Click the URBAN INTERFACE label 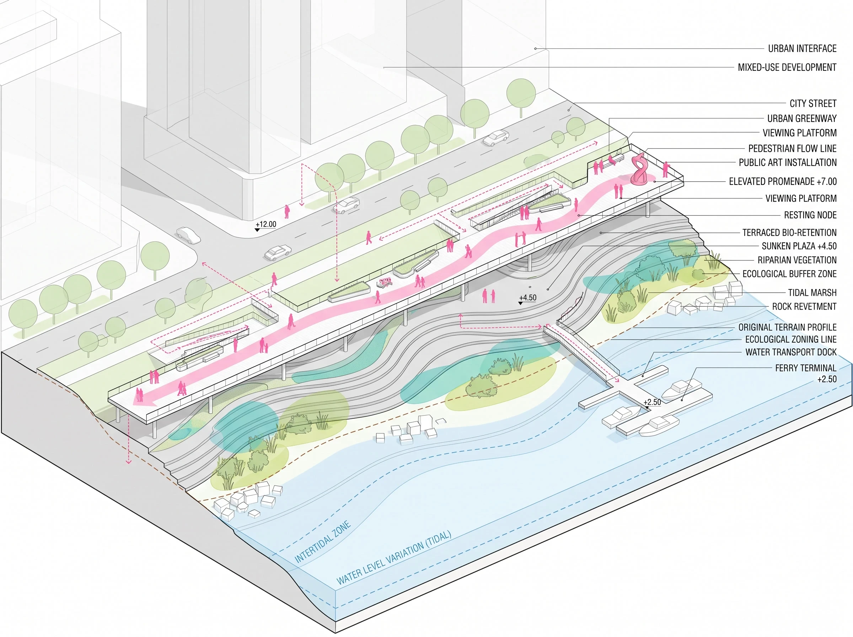coord(802,49)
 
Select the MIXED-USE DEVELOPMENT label coord(787,68)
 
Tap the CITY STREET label coord(813,103)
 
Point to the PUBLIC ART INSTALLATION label coord(788,163)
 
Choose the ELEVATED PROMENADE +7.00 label coord(783,182)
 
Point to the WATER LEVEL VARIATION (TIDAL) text coord(393,558)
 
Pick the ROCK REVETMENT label coord(804,306)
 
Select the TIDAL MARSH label coord(812,293)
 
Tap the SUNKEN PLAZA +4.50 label coord(799,246)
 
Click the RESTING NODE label coord(810,215)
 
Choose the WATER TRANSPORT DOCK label coord(791,352)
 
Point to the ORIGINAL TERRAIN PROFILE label coord(788,327)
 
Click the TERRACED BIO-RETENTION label coord(789,232)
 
